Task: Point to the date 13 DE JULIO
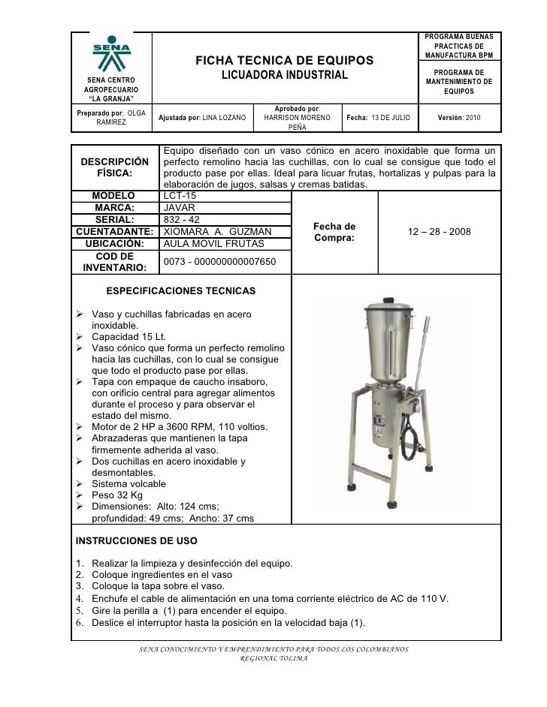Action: click(385, 118)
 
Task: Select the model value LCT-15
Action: click(180, 196)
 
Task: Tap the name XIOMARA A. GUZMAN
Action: click(217, 232)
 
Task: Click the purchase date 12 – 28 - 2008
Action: click(440, 232)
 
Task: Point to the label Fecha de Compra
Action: click(334, 232)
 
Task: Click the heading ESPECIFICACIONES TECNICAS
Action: click(181, 290)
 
